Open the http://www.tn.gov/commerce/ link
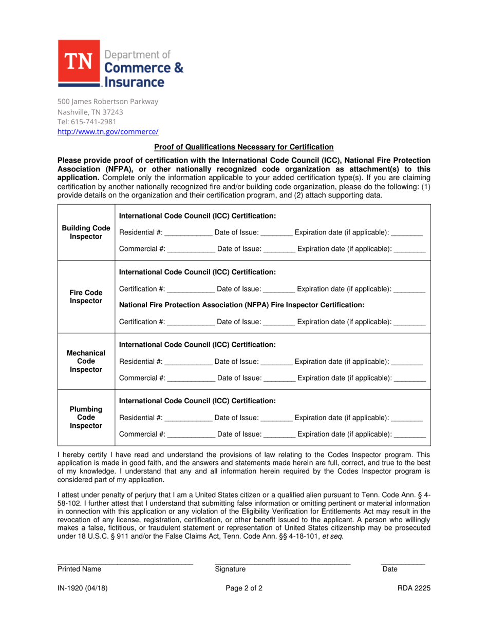tap(108, 132)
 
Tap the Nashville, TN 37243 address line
tap(90, 111)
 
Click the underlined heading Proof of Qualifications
tap(244, 147)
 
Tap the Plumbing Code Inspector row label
tap(86, 418)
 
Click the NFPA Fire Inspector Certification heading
tap(241, 305)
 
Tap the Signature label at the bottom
tap(230, 569)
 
